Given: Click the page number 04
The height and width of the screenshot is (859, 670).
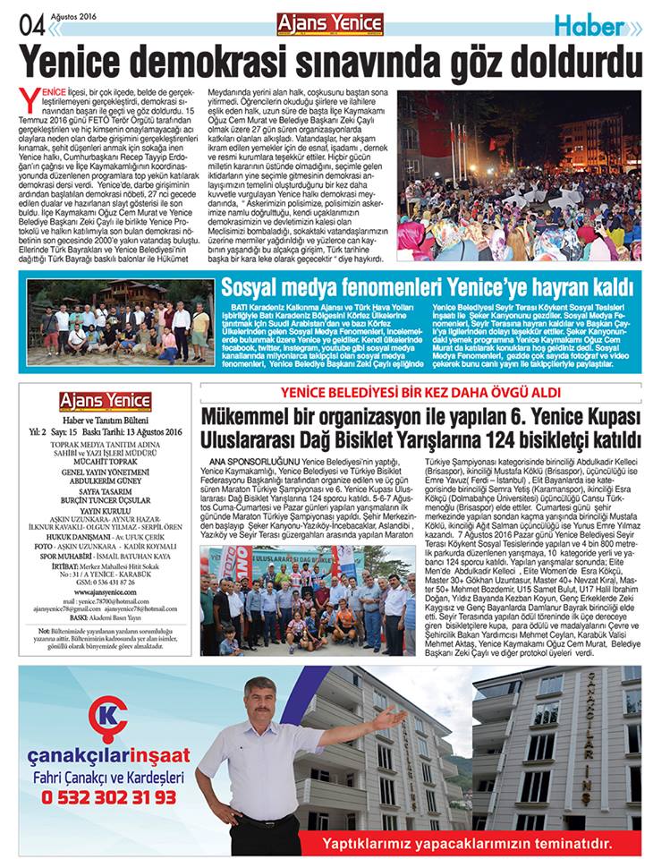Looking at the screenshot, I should tap(32, 26).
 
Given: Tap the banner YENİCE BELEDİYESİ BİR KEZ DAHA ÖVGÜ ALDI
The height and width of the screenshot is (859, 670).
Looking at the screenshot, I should tap(424, 392).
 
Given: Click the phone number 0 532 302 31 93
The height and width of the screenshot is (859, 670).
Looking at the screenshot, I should tap(105, 795).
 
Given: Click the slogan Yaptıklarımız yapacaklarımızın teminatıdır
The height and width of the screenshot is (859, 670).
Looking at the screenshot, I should tap(469, 843).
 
